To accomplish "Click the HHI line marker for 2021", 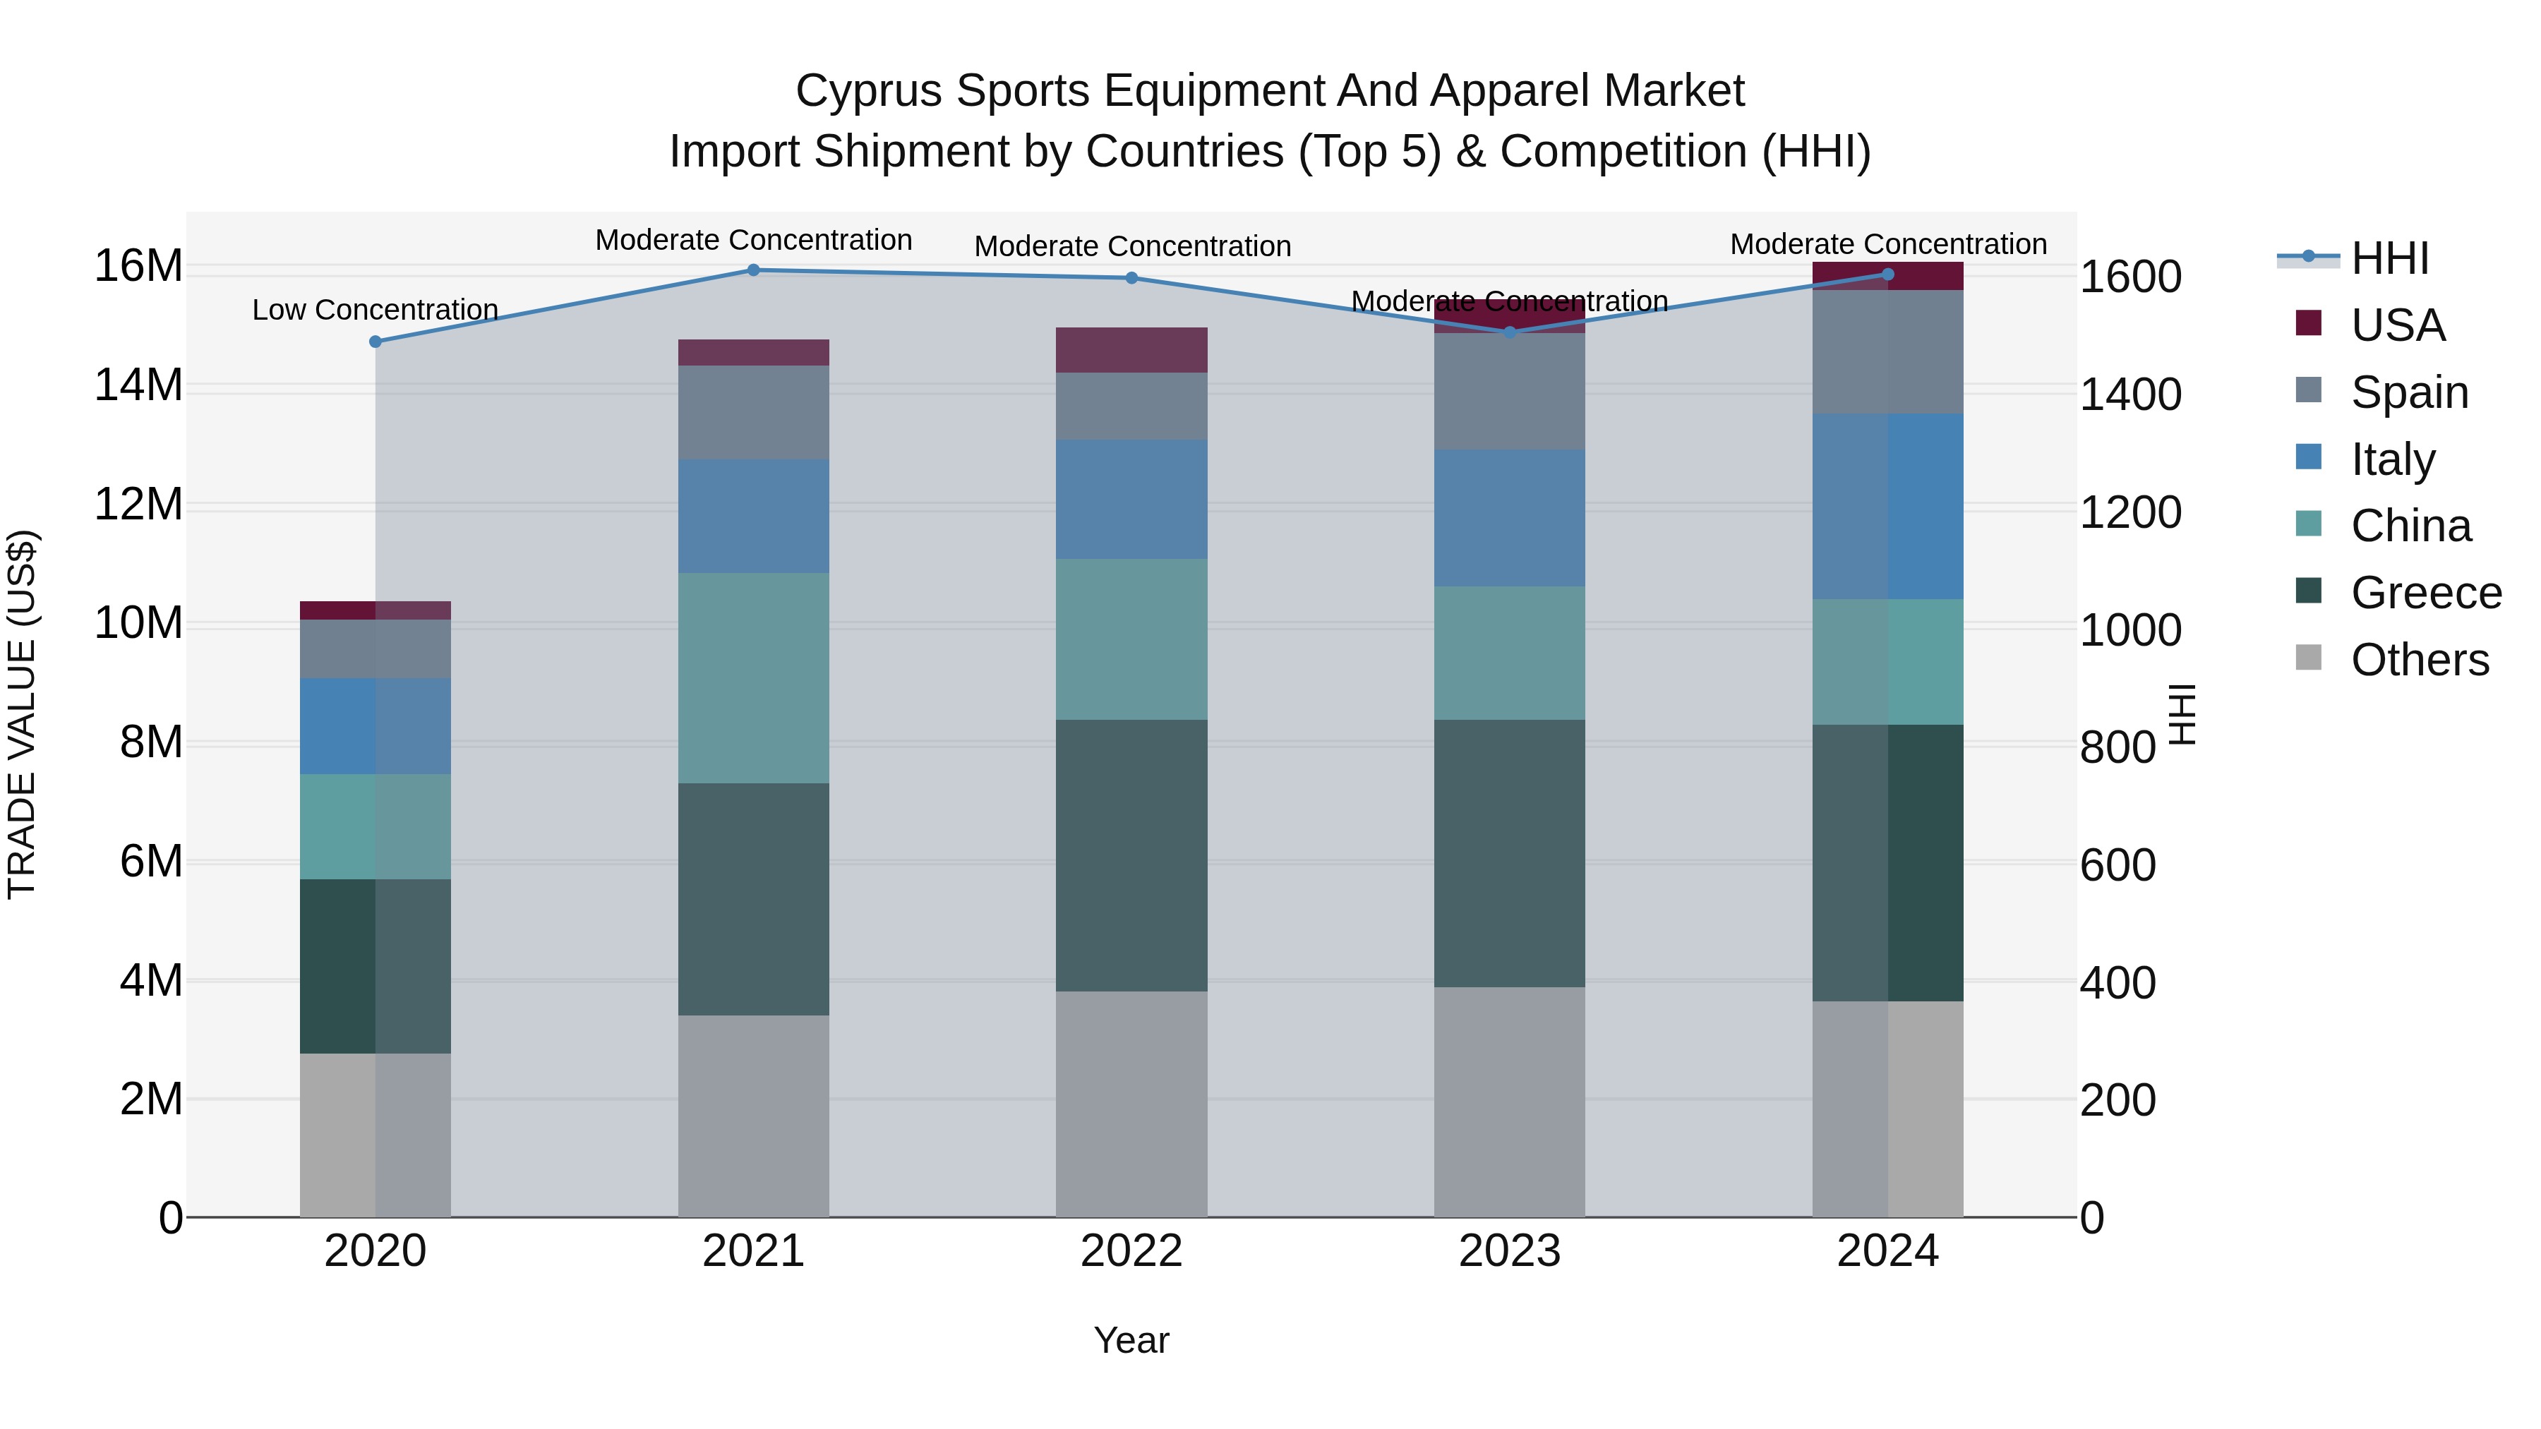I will (754, 270).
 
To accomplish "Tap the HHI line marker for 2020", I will (375, 342).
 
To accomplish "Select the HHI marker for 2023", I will (1509, 332).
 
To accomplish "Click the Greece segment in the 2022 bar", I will (1131, 855).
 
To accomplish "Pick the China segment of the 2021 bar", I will (754, 678).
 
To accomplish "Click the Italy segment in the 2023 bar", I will (1509, 519).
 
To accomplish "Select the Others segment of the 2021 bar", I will (754, 1116).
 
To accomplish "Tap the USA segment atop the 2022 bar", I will (1131, 350).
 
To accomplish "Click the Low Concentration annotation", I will (375, 310).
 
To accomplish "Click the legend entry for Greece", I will (2425, 593).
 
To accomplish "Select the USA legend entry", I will (2397, 325).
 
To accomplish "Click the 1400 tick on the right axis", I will (2131, 394).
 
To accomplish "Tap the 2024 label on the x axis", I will (1887, 1251).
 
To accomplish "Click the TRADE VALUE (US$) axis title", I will (22, 714).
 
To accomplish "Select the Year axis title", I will (1131, 1340).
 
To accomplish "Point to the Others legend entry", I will (2419, 660).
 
